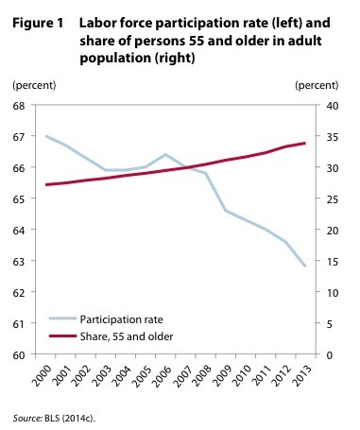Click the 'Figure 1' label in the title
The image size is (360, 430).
pyautogui.click(x=39, y=20)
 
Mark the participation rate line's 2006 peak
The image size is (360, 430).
pyautogui.click(x=165, y=154)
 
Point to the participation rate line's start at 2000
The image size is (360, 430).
pyautogui.click(x=45, y=136)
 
